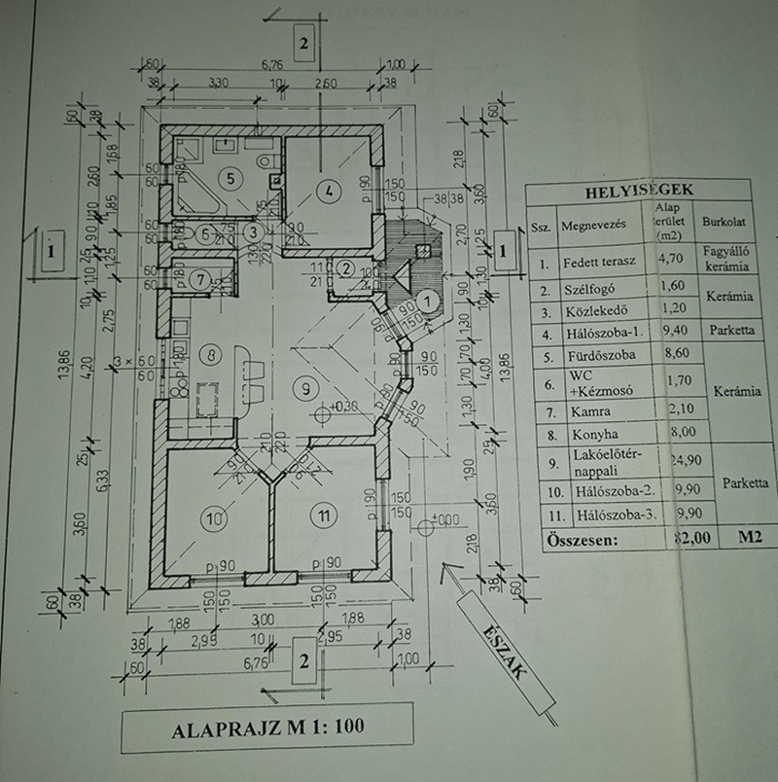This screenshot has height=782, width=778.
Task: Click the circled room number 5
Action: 228,178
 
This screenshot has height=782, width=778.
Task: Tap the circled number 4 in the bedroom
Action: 330,191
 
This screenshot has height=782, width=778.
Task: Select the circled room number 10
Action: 214,517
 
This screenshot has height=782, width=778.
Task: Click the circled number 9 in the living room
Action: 306,388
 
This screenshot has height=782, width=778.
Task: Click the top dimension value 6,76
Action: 267,65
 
